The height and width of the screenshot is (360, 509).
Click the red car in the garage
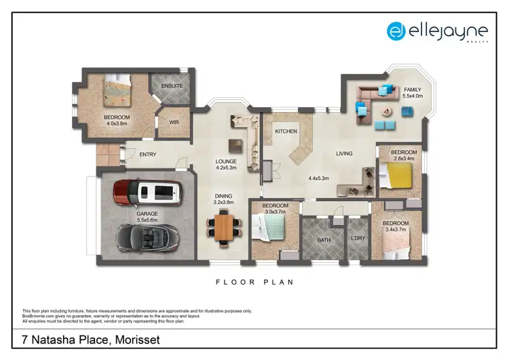click(x=147, y=193)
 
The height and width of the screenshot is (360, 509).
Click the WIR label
click(x=173, y=124)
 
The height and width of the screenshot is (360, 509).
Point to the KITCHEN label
click(x=286, y=131)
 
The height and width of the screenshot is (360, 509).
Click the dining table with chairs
click(x=223, y=228)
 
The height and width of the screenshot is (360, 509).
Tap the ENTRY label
click(x=147, y=154)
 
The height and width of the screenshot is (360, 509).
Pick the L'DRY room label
click(x=358, y=238)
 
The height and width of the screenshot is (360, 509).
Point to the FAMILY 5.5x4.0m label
click(x=413, y=93)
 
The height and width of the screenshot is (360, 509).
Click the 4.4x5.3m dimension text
click(x=318, y=179)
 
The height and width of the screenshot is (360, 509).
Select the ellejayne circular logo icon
click(x=396, y=31)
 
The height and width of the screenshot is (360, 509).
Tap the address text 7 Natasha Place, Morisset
click(x=86, y=339)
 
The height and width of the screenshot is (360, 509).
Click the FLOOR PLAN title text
click(x=254, y=282)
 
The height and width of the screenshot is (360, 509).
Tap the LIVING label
click(x=344, y=154)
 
